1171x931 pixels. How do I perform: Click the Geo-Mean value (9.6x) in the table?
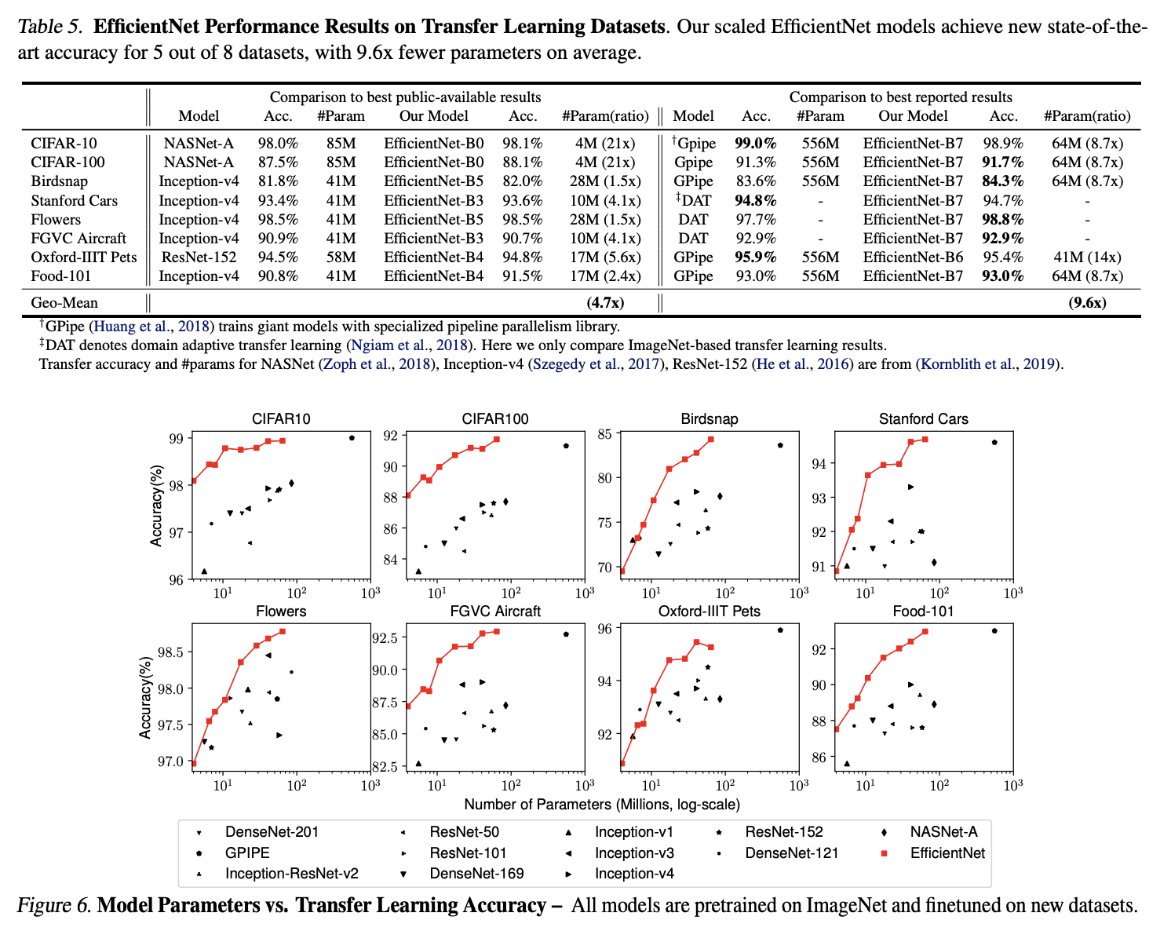point(1087,302)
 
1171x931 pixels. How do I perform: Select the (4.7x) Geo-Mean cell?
point(605,302)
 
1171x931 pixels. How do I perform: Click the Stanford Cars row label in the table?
point(75,200)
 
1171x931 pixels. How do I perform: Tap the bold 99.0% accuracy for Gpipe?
point(755,143)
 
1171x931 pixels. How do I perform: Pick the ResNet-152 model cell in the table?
point(199,257)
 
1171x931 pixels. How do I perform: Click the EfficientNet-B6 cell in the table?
point(913,257)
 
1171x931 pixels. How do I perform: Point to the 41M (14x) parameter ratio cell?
point(1087,257)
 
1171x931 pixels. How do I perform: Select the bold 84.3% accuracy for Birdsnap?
point(1003,181)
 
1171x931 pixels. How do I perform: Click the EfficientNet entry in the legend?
point(947,853)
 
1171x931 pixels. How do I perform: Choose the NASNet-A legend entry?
point(943,831)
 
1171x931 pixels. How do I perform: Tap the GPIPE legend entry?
point(247,853)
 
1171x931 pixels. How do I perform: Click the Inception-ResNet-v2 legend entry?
point(292,874)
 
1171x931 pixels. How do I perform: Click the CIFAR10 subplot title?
point(281,418)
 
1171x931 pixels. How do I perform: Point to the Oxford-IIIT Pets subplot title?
point(710,611)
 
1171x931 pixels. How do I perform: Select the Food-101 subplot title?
point(923,611)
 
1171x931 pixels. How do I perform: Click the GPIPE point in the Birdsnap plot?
point(780,445)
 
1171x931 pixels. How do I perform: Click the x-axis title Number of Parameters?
point(602,804)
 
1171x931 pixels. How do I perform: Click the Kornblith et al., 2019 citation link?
point(990,363)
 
